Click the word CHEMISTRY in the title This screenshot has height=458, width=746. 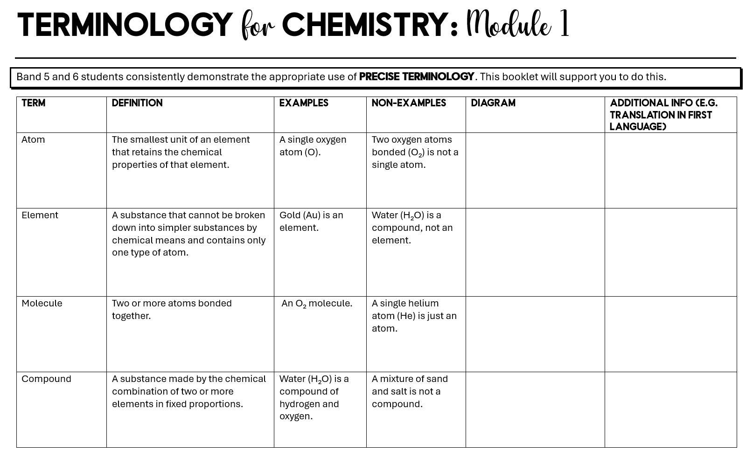(365, 25)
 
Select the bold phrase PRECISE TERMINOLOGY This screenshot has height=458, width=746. (416, 77)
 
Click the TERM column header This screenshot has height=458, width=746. (34, 104)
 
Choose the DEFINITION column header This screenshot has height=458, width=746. (137, 104)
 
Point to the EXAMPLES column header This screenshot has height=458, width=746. (304, 104)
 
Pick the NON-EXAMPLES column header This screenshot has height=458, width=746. (409, 104)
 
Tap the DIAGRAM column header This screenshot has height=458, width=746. (493, 104)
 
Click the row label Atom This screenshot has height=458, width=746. (33, 139)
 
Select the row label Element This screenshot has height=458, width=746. (40, 215)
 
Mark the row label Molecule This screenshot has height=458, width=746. (42, 303)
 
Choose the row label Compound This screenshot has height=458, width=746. (46, 379)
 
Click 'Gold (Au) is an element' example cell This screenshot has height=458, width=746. (311, 222)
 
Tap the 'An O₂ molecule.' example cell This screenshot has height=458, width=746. (317, 304)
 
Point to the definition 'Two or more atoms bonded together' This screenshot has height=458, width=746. (172, 309)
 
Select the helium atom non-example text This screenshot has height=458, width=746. (414, 316)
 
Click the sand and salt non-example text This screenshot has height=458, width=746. (409, 391)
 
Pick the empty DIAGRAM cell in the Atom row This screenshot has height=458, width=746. (535, 170)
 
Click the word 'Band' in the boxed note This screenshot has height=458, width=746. (28, 77)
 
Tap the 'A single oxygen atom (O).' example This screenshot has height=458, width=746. (313, 146)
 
